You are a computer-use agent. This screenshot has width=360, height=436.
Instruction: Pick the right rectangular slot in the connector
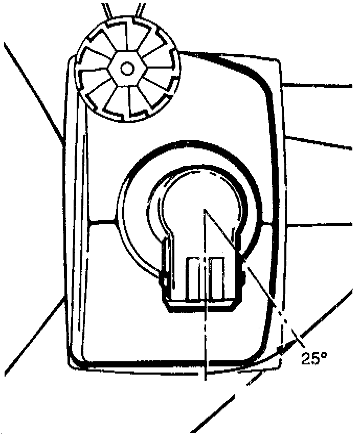pos(216,279)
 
